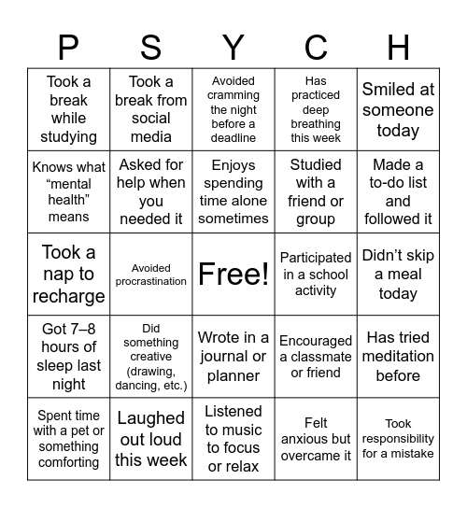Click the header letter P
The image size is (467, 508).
68,46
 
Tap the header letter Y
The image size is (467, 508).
233,46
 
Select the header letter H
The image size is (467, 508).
398,46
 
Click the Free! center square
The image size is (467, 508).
233,275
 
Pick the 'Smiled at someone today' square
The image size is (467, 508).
398,110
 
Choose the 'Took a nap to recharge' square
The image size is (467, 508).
68,275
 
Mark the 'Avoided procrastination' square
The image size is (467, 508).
151,275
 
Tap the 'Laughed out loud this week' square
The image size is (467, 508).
151,439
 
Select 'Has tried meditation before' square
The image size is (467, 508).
398,356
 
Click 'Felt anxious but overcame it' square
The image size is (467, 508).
316,439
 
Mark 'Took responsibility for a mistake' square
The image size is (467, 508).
398,439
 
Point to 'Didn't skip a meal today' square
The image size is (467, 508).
398,275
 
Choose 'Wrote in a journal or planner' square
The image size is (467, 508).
233,356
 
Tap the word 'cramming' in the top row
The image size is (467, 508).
233,95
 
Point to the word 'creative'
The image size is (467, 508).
151,356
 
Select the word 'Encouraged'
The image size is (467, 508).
316,341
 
